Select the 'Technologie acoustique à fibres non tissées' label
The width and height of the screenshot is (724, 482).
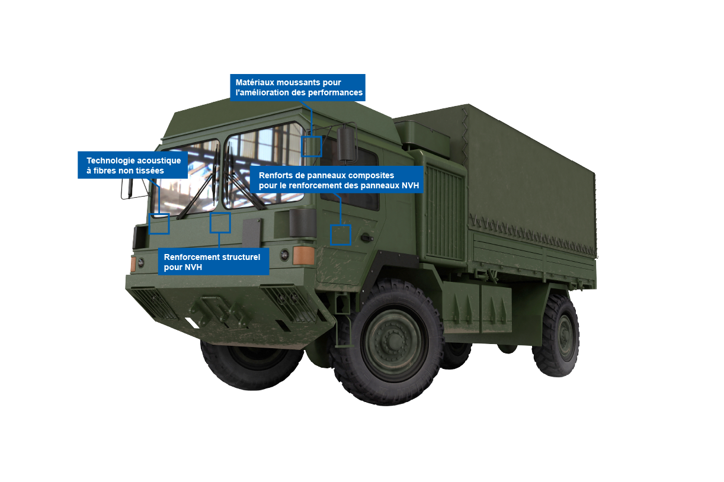[x=133, y=166]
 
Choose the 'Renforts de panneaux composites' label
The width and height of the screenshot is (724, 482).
[x=338, y=181]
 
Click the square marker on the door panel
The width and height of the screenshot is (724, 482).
[x=341, y=235]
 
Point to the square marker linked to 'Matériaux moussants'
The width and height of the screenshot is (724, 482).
[x=312, y=146]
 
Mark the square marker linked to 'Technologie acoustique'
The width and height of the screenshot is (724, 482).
[x=159, y=224]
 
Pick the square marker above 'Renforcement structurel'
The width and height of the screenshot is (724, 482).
[x=220, y=223]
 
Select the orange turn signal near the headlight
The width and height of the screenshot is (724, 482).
[x=303, y=255]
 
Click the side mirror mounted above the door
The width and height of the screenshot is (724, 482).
[x=347, y=143]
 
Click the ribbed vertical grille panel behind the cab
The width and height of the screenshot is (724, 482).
[x=444, y=211]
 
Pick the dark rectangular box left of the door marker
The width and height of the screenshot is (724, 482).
[x=303, y=223]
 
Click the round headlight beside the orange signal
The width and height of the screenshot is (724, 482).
[x=284, y=255]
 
